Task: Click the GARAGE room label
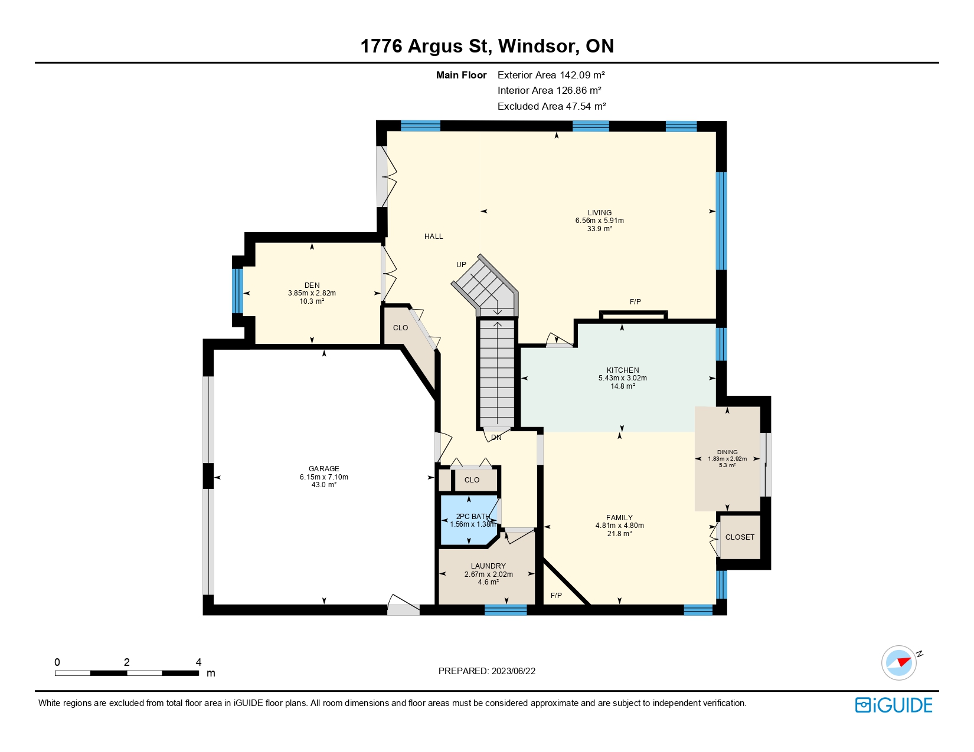point(323,468)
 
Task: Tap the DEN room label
point(312,285)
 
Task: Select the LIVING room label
point(600,213)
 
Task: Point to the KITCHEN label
point(623,370)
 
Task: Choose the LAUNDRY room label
point(488,566)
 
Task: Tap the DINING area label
point(727,452)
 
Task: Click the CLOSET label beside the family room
point(740,537)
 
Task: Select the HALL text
point(433,237)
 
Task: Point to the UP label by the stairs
point(461,265)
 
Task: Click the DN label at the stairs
point(496,438)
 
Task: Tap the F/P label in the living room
point(635,302)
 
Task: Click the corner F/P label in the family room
point(556,596)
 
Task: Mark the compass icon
point(899,663)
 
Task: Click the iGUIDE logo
point(894,705)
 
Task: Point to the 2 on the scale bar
point(127,662)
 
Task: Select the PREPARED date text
point(487,671)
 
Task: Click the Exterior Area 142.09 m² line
point(551,75)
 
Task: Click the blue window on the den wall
point(237,291)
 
